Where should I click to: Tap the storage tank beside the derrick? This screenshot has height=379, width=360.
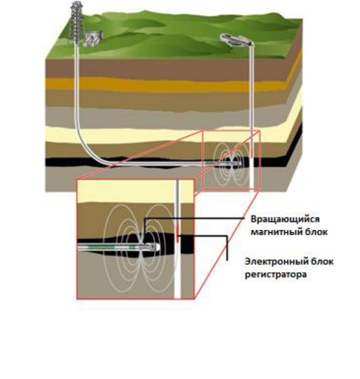(x=93, y=39)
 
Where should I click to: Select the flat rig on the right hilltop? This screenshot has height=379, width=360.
(x=236, y=40)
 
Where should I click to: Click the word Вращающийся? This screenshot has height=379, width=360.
(x=285, y=219)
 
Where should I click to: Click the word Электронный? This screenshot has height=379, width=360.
(x=274, y=261)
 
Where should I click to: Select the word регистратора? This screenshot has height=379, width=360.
(x=275, y=274)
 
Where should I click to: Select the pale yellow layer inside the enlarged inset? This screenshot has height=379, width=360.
(x=126, y=191)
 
